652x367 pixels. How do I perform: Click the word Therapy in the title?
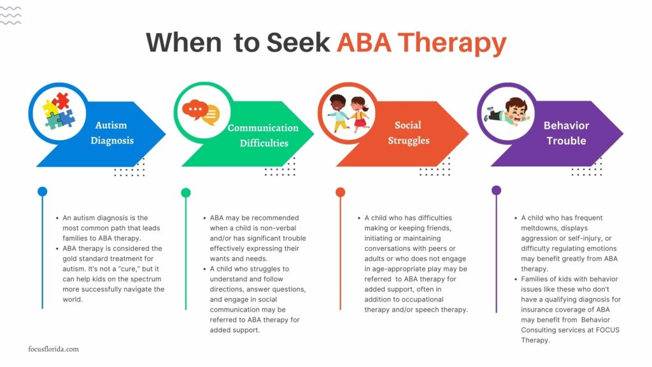(456, 43)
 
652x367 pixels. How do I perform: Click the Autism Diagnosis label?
(112, 133)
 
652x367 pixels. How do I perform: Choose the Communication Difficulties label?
(263, 135)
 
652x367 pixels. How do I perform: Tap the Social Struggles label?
(408, 133)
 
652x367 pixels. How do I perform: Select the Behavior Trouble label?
(566, 133)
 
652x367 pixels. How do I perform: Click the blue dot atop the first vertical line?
(42, 191)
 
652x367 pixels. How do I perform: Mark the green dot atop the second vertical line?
(185, 192)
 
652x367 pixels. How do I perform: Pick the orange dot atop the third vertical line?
(340, 192)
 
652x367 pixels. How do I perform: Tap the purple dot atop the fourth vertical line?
(497, 190)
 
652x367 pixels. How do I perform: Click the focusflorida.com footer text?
(53, 349)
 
